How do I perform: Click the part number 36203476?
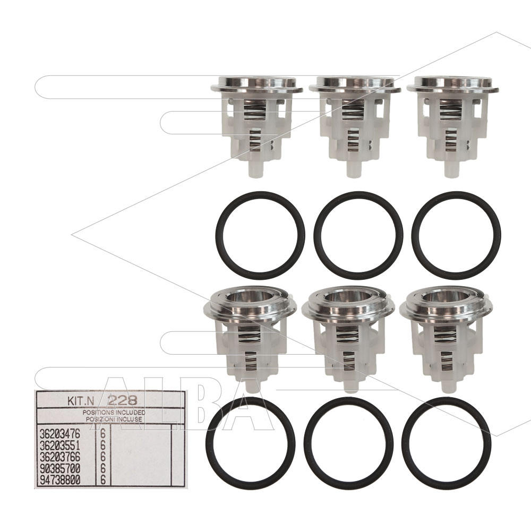click(x=60, y=434)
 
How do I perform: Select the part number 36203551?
click(x=60, y=446)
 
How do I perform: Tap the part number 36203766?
click(x=60, y=457)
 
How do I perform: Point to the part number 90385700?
click(x=60, y=469)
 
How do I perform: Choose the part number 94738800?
click(x=60, y=480)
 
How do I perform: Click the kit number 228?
click(x=122, y=401)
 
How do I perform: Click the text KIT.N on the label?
click(x=80, y=401)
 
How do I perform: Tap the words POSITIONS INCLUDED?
click(x=114, y=413)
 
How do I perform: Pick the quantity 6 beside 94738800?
click(x=103, y=480)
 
